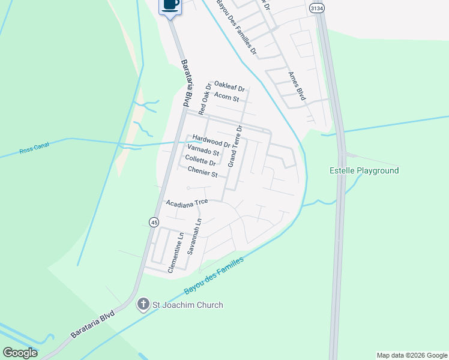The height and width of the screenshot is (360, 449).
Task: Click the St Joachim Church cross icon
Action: pyautogui.click(x=143, y=305)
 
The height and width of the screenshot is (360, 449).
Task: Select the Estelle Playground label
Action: pyautogui.click(x=364, y=171)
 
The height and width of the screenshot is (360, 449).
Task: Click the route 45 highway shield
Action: pyautogui.click(x=154, y=223)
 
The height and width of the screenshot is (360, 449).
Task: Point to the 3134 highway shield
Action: pyautogui.click(x=317, y=8)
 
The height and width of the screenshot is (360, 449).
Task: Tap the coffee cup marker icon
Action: pyautogui.click(x=170, y=5)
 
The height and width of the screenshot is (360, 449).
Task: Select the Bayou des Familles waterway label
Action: pyautogui.click(x=214, y=276)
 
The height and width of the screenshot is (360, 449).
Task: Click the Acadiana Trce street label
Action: pyautogui.click(x=187, y=203)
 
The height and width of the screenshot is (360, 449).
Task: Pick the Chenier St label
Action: pyautogui.click(x=202, y=173)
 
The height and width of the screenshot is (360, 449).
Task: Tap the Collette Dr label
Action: pyautogui.click(x=200, y=161)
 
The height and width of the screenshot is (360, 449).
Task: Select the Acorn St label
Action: pyautogui.click(x=227, y=98)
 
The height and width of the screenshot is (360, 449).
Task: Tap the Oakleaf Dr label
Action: pyautogui.click(x=229, y=88)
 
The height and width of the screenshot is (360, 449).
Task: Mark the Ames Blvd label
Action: pyautogui.click(x=297, y=86)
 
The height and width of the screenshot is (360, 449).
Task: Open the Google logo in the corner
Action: pyautogui.click(x=20, y=353)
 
